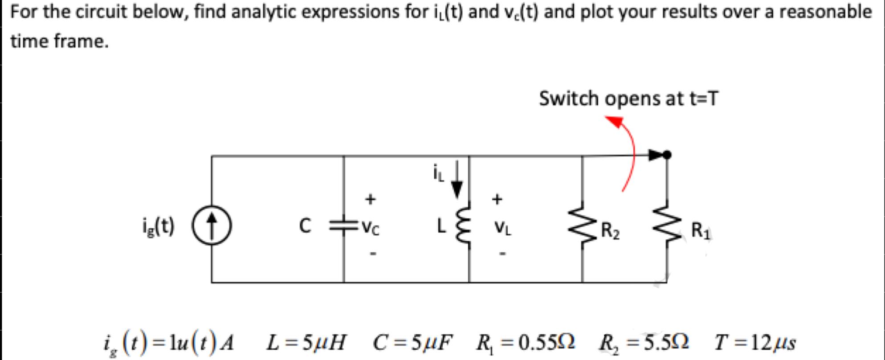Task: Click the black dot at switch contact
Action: click(667, 155)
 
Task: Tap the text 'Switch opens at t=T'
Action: click(628, 98)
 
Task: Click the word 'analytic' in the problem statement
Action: click(256, 12)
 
